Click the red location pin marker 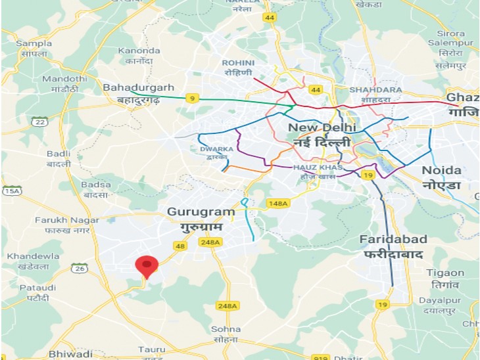pos(147,266)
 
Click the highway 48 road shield pos(180,245)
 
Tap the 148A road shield pos(277,204)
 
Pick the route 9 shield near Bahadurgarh pos(192,98)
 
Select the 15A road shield pos(12,191)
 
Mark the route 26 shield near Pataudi pos(80,268)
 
